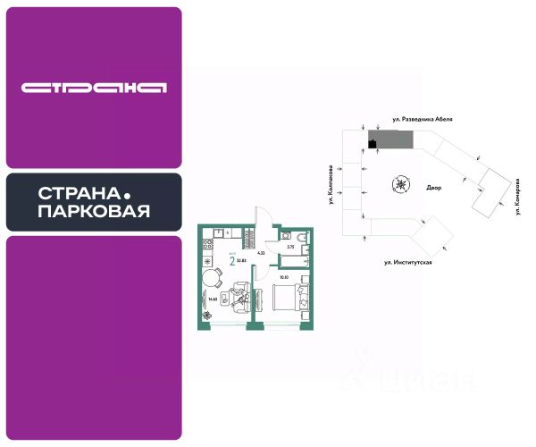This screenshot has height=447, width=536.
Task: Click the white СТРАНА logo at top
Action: (94, 88)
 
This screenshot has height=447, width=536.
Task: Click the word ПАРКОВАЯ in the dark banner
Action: (94, 212)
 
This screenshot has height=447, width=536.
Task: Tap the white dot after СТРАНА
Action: (126, 194)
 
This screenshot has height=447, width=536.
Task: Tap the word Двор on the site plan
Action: (434, 189)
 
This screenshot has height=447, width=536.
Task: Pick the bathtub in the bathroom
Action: (293, 261)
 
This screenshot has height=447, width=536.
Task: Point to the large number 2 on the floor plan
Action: (232, 261)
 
